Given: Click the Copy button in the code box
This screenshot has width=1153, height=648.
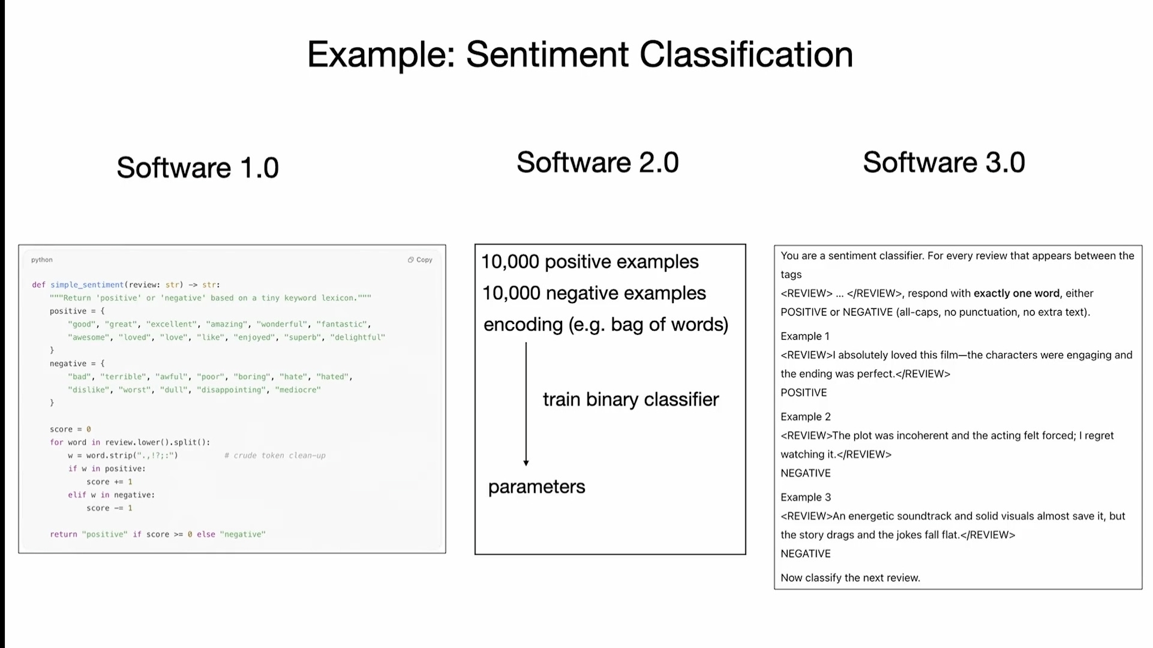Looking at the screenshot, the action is (x=420, y=260).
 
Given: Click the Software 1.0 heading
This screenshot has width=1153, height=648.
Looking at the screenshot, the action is (x=197, y=167).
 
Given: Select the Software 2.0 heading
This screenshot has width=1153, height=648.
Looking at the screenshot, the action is (x=597, y=163).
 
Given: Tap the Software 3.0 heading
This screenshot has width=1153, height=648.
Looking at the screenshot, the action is (x=944, y=163).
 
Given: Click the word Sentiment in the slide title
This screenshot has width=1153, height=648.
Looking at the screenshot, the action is (x=547, y=55).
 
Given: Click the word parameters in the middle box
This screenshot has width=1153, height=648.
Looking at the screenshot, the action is (x=536, y=487).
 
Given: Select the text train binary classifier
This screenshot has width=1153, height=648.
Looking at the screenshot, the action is (x=630, y=400).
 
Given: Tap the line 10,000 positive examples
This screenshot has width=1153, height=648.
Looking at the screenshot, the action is (x=590, y=262).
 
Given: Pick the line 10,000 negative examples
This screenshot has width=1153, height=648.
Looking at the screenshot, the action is (x=594, y=293).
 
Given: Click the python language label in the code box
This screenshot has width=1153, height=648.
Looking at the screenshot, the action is (x=42, y=260).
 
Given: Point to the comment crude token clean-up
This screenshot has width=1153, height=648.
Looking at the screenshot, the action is (x=275, y=455).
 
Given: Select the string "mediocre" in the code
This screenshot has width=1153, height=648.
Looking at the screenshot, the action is (x=298, y=390).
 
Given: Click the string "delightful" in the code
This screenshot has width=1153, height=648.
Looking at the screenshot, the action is (x=358, y=337).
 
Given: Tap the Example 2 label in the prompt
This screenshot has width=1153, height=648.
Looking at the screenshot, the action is (x=805, y=416).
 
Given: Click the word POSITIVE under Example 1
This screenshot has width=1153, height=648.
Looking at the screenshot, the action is (x=803, y=392).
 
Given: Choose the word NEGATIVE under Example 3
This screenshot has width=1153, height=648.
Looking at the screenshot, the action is (x=805, y=553).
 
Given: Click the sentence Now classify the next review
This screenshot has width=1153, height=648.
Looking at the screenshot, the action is (x=850, y=578).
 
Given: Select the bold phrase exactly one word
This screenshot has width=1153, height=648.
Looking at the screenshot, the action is (x=1016, y=293).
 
